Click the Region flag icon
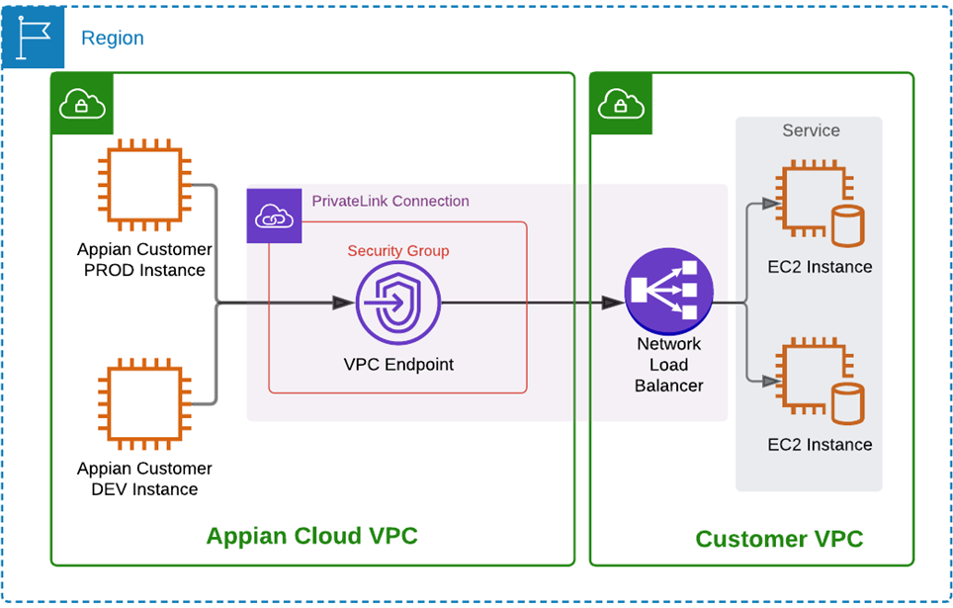(x=33, y=38)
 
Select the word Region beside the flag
(x=112, y=39)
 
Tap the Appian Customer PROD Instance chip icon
(x=144, y=184)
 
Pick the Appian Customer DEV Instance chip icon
(x=144, y=402)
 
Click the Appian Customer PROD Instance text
(x=144, y=260)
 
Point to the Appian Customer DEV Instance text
(x=144, y=478)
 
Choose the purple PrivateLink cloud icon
(x=274, y=216)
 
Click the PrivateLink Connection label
(x=390, y=201)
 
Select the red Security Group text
(x=397, y=250)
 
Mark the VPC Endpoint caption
(x=398, y=364)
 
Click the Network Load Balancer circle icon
(x=669, y=290)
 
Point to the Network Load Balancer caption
(x=669, y=365)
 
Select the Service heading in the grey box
(x=811, y=130)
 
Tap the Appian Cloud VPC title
(x=311, y=536)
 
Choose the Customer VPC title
(x=779, y=539)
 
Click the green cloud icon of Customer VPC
(x=617, y=102)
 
